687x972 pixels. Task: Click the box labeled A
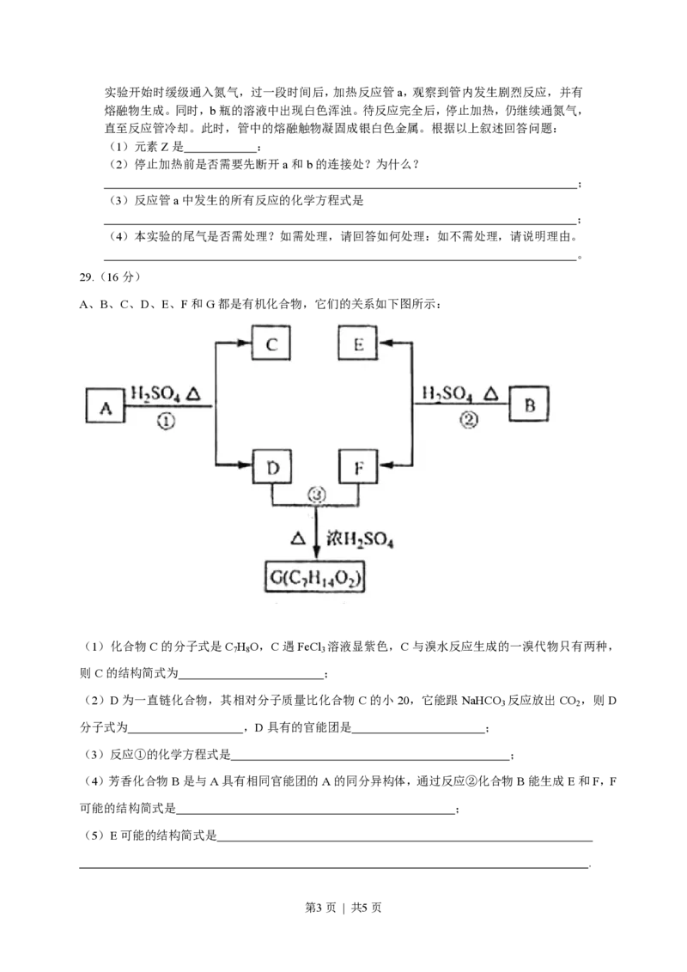106,407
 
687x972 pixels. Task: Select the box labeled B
529,405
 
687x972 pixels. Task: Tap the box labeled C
271,344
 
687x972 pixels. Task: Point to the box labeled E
359,344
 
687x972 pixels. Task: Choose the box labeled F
359,469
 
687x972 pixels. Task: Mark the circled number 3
317,495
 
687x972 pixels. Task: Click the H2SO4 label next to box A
155,393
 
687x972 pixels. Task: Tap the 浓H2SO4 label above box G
361,539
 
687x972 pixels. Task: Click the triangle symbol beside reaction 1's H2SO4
195,393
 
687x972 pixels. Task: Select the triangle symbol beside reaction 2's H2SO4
489,393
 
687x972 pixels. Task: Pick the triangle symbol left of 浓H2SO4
297,539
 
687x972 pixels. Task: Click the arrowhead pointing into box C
245,344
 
